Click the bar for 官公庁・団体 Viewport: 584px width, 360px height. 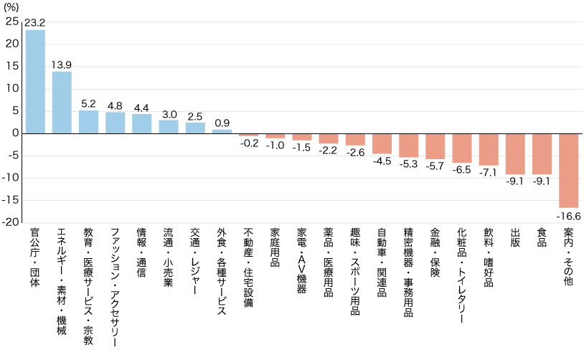pyautogui.click(x=35, y=81)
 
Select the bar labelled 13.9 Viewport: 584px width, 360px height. pyautogui.click(x=62, y=102)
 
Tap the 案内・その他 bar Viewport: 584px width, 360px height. pyautogui.click(x=569, y=170)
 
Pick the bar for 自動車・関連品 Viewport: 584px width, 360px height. pyautogui.click(x=382, y=143)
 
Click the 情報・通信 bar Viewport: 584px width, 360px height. pyautogui.click(x=142, y=123)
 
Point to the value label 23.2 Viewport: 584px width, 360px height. pyautogui.click(x=35, y=23)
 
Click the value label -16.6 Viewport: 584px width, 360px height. pyautogui.click(x=569, y=215)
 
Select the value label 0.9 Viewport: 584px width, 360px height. pyautogui.click(x=222, y=123)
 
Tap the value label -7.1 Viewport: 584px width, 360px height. pyautogui.click(x=489, y=173)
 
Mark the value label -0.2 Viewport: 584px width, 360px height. pyautogui.click(x=248, y=143)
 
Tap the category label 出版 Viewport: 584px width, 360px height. pyautogui.click(x=515, y=239)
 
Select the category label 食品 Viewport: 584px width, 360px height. pyautogui.click(x=542, y=239)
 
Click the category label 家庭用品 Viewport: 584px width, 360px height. pyautogui.click(x=275, y=247)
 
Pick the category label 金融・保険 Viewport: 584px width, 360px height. pyautogui.click(x=435, y=252)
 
